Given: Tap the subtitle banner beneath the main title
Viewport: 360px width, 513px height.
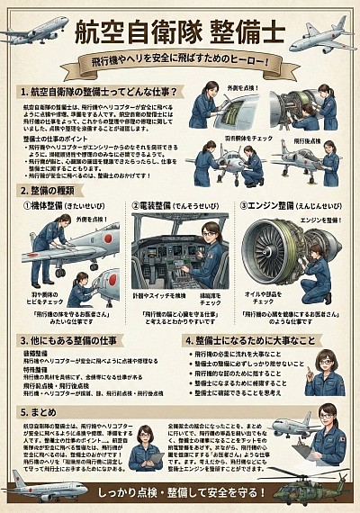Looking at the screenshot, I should pos(180,66).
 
